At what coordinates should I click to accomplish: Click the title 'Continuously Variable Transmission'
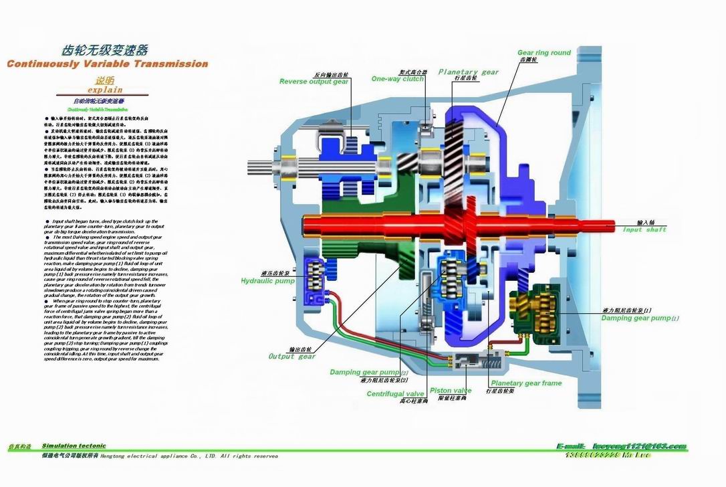coord(107,64)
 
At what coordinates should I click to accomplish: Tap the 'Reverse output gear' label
coord(314,82)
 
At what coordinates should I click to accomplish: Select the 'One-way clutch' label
coord(398,79)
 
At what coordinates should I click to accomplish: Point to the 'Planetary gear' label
coord(468,72)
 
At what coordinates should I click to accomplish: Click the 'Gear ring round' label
coord(544,53)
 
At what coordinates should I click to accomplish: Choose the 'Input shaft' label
coord(644,230)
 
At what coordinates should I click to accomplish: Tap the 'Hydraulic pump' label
coord(268,281)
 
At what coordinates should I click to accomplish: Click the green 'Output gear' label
coord(291,357)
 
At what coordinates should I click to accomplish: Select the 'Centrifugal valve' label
coord(395,394)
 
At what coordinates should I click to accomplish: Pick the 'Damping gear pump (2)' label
coord(366,372)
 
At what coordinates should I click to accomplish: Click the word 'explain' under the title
coord(105,89)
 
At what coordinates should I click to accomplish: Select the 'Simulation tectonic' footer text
coord(74,446)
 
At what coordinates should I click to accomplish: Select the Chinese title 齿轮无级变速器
coord(104,51)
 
